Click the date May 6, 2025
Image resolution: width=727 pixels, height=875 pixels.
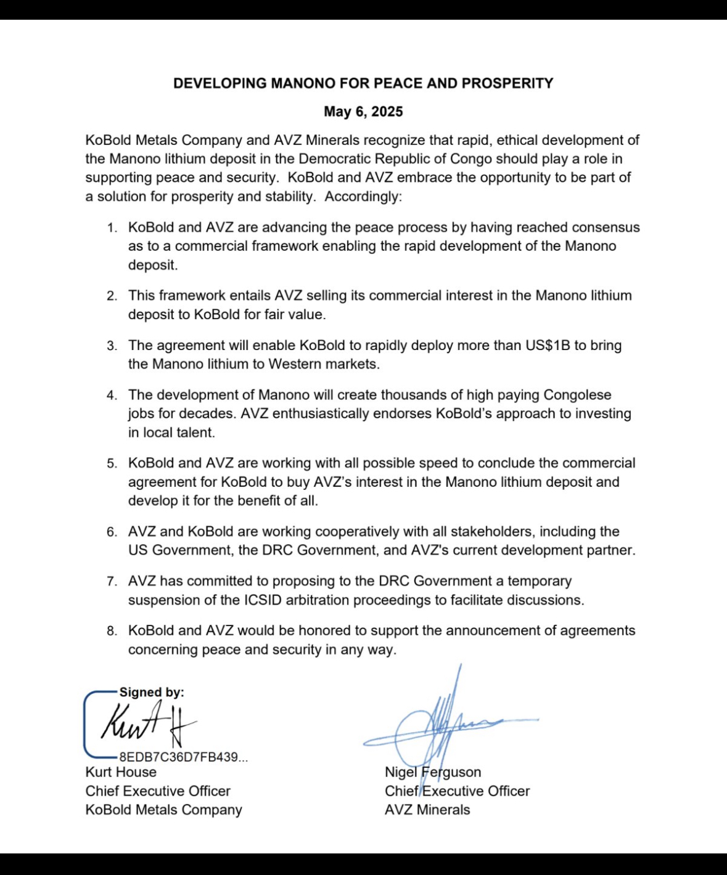pyautogui.click(x=363, y=112)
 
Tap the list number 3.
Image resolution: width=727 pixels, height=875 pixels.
pyautogui.click(x=111, y=346)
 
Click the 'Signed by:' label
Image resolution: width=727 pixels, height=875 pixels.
pyautogui.click(x=152, y=692)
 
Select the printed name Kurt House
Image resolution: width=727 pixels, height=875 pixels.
pyautogui.click(x=121, y=772)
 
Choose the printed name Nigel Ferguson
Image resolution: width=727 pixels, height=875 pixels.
pyautogui.click(x=433, y=772)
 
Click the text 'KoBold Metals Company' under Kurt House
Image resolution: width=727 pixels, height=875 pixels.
pyautogui.click(x=163, y=810)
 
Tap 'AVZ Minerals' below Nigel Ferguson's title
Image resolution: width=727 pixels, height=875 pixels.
pyautogui.click(x=427, y=810)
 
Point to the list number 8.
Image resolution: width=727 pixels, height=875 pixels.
pyautogui.click(x=111, y=631)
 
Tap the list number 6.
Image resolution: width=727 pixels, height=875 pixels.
pyautogui.click(x=111, y=532)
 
